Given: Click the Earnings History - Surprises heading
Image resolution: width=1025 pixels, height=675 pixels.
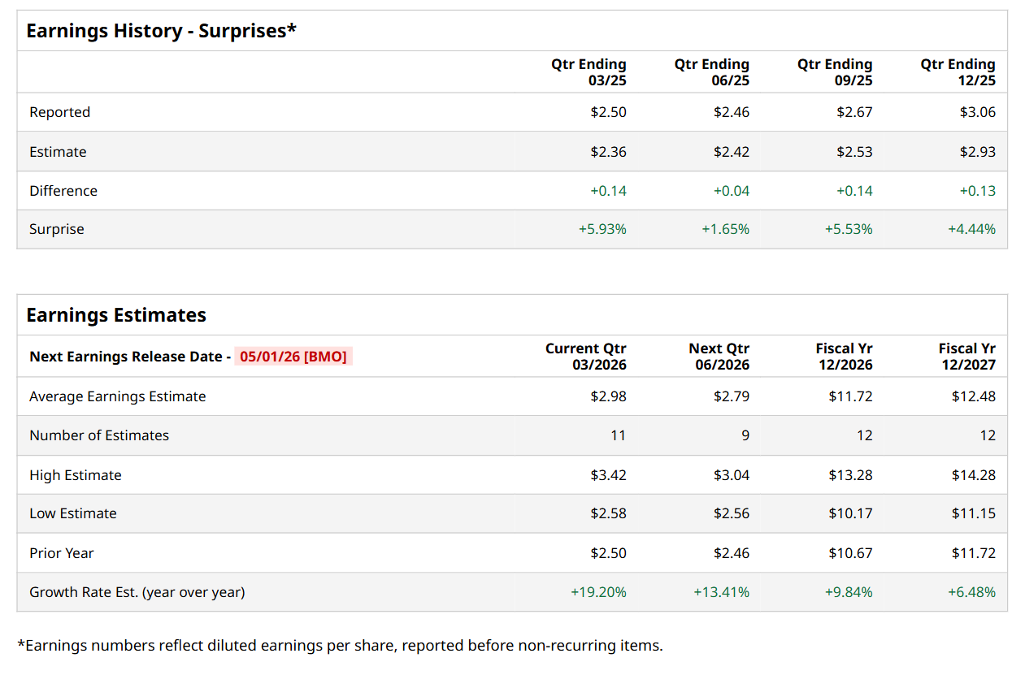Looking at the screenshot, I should point(161,31).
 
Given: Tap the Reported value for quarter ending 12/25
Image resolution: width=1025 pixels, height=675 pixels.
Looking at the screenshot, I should point(977,112).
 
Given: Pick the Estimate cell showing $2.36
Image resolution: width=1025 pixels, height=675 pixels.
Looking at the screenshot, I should point(608,152).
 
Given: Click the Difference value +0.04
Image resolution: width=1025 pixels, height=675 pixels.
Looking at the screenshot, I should point(731,191).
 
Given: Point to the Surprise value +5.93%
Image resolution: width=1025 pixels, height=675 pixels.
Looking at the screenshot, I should point(602,229).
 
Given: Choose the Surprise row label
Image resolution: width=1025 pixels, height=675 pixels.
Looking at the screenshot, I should point(57,229).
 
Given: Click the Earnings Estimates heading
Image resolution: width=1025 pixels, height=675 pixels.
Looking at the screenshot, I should point(116,315).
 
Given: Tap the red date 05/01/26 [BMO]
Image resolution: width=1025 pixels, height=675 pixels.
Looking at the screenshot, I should point(293,357).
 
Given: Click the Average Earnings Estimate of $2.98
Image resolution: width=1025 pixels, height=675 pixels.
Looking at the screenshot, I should point(608,396).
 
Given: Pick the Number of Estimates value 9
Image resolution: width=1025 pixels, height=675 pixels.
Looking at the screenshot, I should point(745,435).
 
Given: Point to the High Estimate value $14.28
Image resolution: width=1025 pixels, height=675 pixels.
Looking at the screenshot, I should point(973,475).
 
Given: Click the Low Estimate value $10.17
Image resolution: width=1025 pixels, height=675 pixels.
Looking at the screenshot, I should point(850,513).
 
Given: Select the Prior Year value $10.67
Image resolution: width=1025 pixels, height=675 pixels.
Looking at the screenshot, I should point(850,553).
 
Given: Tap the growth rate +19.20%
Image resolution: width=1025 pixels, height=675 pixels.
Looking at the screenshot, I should point(598,592).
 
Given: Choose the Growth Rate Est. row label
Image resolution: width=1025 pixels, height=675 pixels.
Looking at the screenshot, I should point(137,592).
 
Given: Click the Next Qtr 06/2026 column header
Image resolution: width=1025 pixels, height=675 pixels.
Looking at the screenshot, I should point(719,357).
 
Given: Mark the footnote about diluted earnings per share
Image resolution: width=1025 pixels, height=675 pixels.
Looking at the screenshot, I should point(340,646).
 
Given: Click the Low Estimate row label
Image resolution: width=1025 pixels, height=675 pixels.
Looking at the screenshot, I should point(73,513).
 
